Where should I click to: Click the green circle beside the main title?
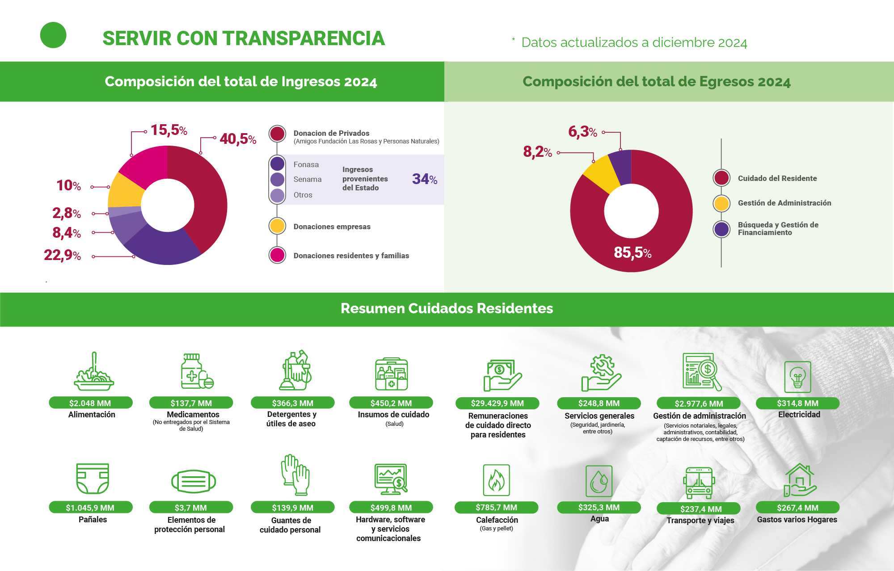(x=53, y=35)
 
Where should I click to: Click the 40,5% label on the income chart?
(x=238, y=139)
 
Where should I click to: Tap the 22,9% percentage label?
(x=63, y=255)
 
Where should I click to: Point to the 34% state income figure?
(x=424, y=179)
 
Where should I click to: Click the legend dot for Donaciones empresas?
(x=277, y=226)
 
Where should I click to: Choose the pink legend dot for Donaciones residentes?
(x=277, y=255)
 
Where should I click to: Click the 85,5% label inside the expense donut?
(x=632, y=252)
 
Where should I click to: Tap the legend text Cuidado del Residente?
(x=777, y=178)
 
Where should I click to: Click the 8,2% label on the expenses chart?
(x=537, y=152)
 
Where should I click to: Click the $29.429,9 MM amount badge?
(x=497, y=403)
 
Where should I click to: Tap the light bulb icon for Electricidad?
(x=797, y=377)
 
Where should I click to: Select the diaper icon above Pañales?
(x=93, y=478)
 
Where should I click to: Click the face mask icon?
(x=194, y=482)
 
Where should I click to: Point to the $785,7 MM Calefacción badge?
(x=496, y=508)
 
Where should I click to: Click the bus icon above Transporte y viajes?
(x=699, y=483)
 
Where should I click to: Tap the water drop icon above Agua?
(x=599, y=482)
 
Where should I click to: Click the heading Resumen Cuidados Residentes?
(x=447, y=308)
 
